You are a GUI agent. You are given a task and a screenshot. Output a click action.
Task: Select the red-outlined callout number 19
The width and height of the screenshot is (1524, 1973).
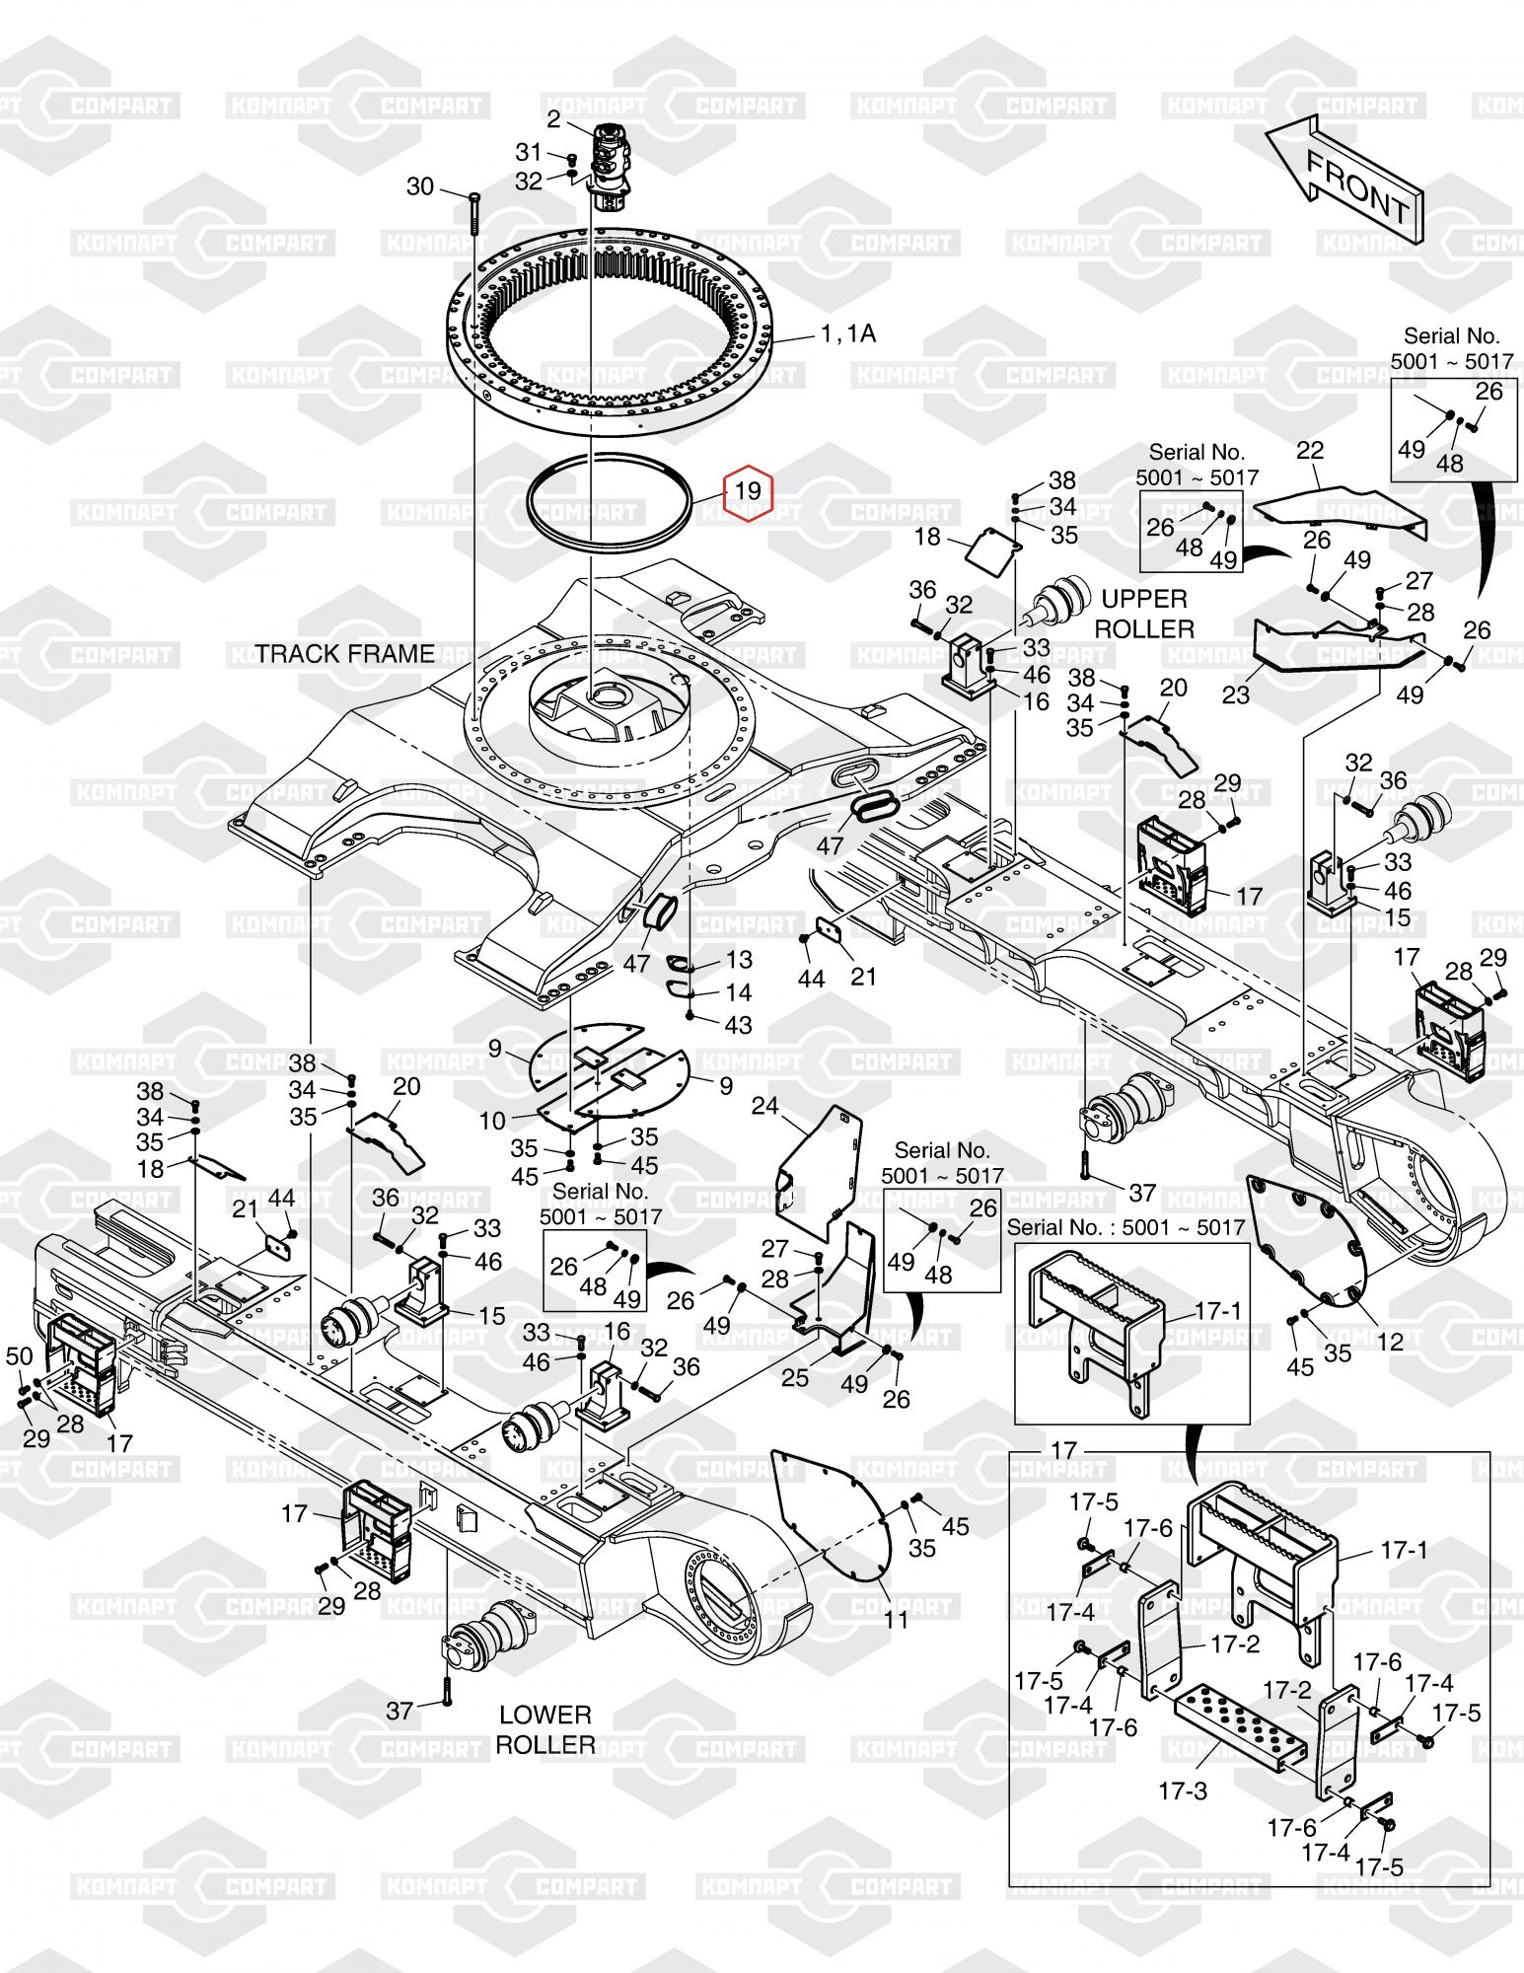749,490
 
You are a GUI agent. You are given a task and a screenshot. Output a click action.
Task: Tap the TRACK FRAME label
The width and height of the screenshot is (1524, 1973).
345,654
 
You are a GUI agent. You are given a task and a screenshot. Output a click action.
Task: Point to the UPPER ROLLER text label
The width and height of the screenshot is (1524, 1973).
1144,614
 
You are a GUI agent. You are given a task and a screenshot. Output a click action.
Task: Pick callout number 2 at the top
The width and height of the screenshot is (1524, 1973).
553,120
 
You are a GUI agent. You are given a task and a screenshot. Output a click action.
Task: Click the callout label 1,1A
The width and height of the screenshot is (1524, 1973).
847,334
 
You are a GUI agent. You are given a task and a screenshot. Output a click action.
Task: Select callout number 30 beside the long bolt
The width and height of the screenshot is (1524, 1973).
420,186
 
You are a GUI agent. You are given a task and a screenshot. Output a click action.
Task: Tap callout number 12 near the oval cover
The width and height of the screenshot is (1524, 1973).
1390,1343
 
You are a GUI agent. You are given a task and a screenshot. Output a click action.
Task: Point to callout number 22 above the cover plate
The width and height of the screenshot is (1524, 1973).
1310,450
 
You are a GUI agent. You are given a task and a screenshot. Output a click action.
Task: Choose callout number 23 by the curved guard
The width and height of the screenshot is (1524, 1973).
1236,694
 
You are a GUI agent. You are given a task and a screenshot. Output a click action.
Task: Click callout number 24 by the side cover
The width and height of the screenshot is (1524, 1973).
765,1106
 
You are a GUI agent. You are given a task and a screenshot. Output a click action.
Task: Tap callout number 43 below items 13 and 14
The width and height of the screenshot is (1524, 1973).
738,1025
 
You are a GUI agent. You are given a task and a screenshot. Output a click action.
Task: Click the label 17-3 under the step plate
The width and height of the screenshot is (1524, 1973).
1183,1790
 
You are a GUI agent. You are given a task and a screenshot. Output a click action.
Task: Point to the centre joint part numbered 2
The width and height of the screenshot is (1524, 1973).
612,168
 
